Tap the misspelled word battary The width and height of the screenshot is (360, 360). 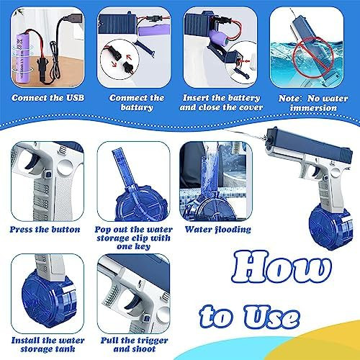137,107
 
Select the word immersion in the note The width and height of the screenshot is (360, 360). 313,108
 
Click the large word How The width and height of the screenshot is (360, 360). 282,266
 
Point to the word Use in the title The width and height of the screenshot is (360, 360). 271,316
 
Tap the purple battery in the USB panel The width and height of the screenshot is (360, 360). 22,60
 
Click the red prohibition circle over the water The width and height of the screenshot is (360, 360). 314,58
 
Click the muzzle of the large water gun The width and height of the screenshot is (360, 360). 269,139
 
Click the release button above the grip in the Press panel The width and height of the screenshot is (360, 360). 48,174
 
